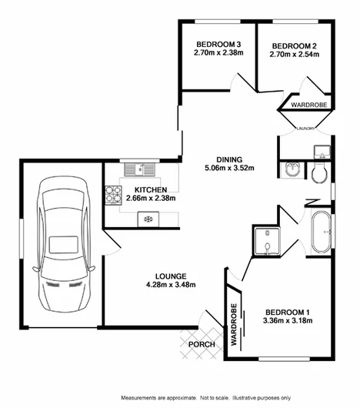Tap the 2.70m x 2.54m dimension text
tap(293, 55)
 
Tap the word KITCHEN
tap(151, 189)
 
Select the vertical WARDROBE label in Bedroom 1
tap(232, 319)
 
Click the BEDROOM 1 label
tap(287, 311)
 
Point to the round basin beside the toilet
tap(292, 170)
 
